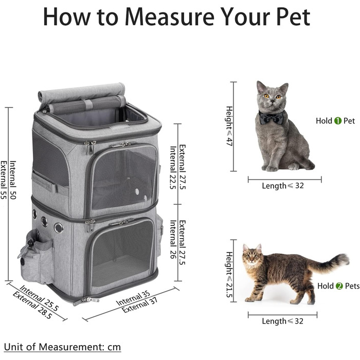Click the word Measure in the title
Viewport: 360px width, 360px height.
[169, 17]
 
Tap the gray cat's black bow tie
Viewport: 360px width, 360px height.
[271, 118]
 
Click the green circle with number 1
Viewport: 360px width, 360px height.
[338, 121]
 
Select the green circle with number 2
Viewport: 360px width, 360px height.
[339, 286]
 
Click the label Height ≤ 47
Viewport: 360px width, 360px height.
[229, 126]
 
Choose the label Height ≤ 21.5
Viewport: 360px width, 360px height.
[229, 275]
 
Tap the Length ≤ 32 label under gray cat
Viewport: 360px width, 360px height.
[283, 186]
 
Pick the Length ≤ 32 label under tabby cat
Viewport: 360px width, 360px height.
[283, 321]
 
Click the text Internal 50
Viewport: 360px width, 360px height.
[13, 180]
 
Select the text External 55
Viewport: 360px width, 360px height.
[4, 180]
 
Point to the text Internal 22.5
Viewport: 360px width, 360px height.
[173, 168]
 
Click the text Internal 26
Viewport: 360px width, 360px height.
[173, 239]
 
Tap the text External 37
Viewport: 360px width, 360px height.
[139, 305]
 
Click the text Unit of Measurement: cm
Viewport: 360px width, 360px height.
[62, 347]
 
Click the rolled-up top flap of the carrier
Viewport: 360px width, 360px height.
[82, 95]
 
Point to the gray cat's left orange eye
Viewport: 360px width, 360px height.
[266, 96]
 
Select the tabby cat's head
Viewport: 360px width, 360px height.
[253, 256]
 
